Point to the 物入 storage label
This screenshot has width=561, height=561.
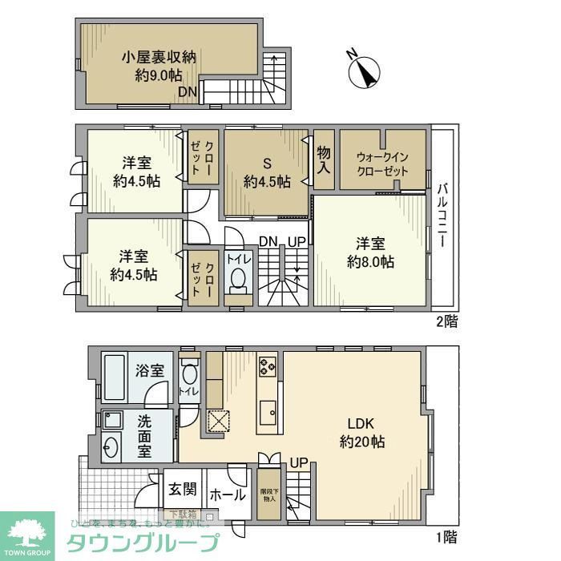pyautogui.click(x=324, y=159)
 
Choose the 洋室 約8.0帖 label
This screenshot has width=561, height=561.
pyautogui.click(x=369, y=252)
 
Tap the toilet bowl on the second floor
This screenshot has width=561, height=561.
pyautogui.click(x=237, y=280)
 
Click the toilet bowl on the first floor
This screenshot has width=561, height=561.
pyautogui.click(x=189, y=375)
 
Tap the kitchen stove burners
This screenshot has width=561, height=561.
pyautogui.click(x=267, y=369)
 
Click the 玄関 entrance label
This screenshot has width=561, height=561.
pyautogui.click(x=183, y=488)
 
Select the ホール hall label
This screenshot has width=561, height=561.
pyautogui.click(x=227, y=494)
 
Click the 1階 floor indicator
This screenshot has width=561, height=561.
pyautogui.click(x=447, y=535)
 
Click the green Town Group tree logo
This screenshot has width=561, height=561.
pyautogui.click(x=27, y=533)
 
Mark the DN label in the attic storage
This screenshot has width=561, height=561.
pyautogui.click(x=187, y=91)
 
